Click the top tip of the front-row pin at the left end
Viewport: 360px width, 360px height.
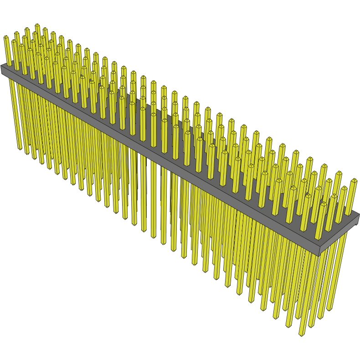pos(6,37)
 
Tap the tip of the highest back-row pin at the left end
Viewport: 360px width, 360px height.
pos(37,25)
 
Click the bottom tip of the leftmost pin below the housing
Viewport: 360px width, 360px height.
pos(20,149)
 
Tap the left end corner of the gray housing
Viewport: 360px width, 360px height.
pos(1,67)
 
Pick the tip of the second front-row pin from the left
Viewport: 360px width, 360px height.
pos(14,41)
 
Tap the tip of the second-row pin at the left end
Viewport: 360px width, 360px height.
pos(17,33)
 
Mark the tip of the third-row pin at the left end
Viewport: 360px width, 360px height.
pos(27,29)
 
